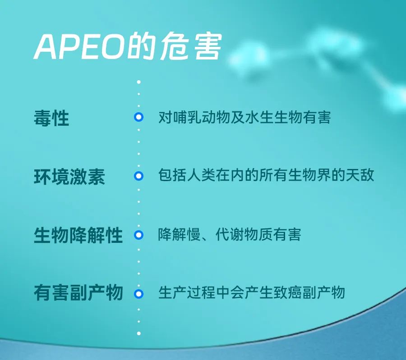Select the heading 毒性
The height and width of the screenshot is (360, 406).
tap(51, 118)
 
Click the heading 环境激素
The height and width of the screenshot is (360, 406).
tap(69, 177)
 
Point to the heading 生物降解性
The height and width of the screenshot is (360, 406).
tap(78, 235)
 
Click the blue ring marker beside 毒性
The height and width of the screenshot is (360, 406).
tap(139, 117)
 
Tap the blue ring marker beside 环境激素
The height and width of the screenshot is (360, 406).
tap(139, 176)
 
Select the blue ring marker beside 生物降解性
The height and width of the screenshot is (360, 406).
tap(139, 235)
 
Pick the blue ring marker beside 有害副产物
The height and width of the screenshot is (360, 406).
tap(139, 294)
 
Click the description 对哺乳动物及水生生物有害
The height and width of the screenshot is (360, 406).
tap(245, 118)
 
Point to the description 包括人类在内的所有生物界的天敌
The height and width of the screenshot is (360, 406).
tap(266, 175)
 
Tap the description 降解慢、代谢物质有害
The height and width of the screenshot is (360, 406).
tap(230, 234)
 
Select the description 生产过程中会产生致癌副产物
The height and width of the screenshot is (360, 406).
tap(251, 292)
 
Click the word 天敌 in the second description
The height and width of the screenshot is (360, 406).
tap(360, 175)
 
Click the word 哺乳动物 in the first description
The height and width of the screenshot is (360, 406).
tap(201, 118)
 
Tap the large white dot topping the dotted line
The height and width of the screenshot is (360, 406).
tap(139, 82)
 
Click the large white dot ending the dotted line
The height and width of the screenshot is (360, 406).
tap(139, 333)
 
